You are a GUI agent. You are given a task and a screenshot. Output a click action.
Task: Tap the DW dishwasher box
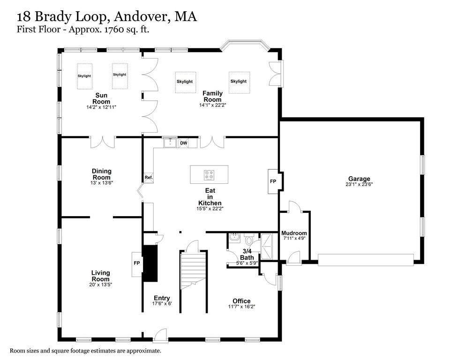[183, 143]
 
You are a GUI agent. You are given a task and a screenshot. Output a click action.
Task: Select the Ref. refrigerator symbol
[148, 178]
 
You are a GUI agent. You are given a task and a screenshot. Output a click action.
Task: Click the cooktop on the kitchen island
[209, 175]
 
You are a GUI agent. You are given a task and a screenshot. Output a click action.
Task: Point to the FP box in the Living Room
[137, 263]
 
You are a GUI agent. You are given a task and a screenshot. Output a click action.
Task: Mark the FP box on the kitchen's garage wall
[273, 181]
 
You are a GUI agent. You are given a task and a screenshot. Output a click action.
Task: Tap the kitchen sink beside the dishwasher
[169, 142]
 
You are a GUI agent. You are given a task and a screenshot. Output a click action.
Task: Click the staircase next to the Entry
[193, 270]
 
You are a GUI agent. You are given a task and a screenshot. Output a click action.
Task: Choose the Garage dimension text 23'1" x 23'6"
[359, 184]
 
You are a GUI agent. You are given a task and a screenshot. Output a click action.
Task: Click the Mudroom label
[294, 233]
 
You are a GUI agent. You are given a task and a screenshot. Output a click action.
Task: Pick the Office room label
[241, 301]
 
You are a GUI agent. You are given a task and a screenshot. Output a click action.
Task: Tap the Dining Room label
[101, 174]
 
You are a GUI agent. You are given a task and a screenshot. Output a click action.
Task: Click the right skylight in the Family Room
[239, 82]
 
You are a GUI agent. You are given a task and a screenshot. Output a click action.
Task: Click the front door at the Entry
[160, 335]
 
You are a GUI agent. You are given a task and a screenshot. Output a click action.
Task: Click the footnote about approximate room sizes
[85, 351]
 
